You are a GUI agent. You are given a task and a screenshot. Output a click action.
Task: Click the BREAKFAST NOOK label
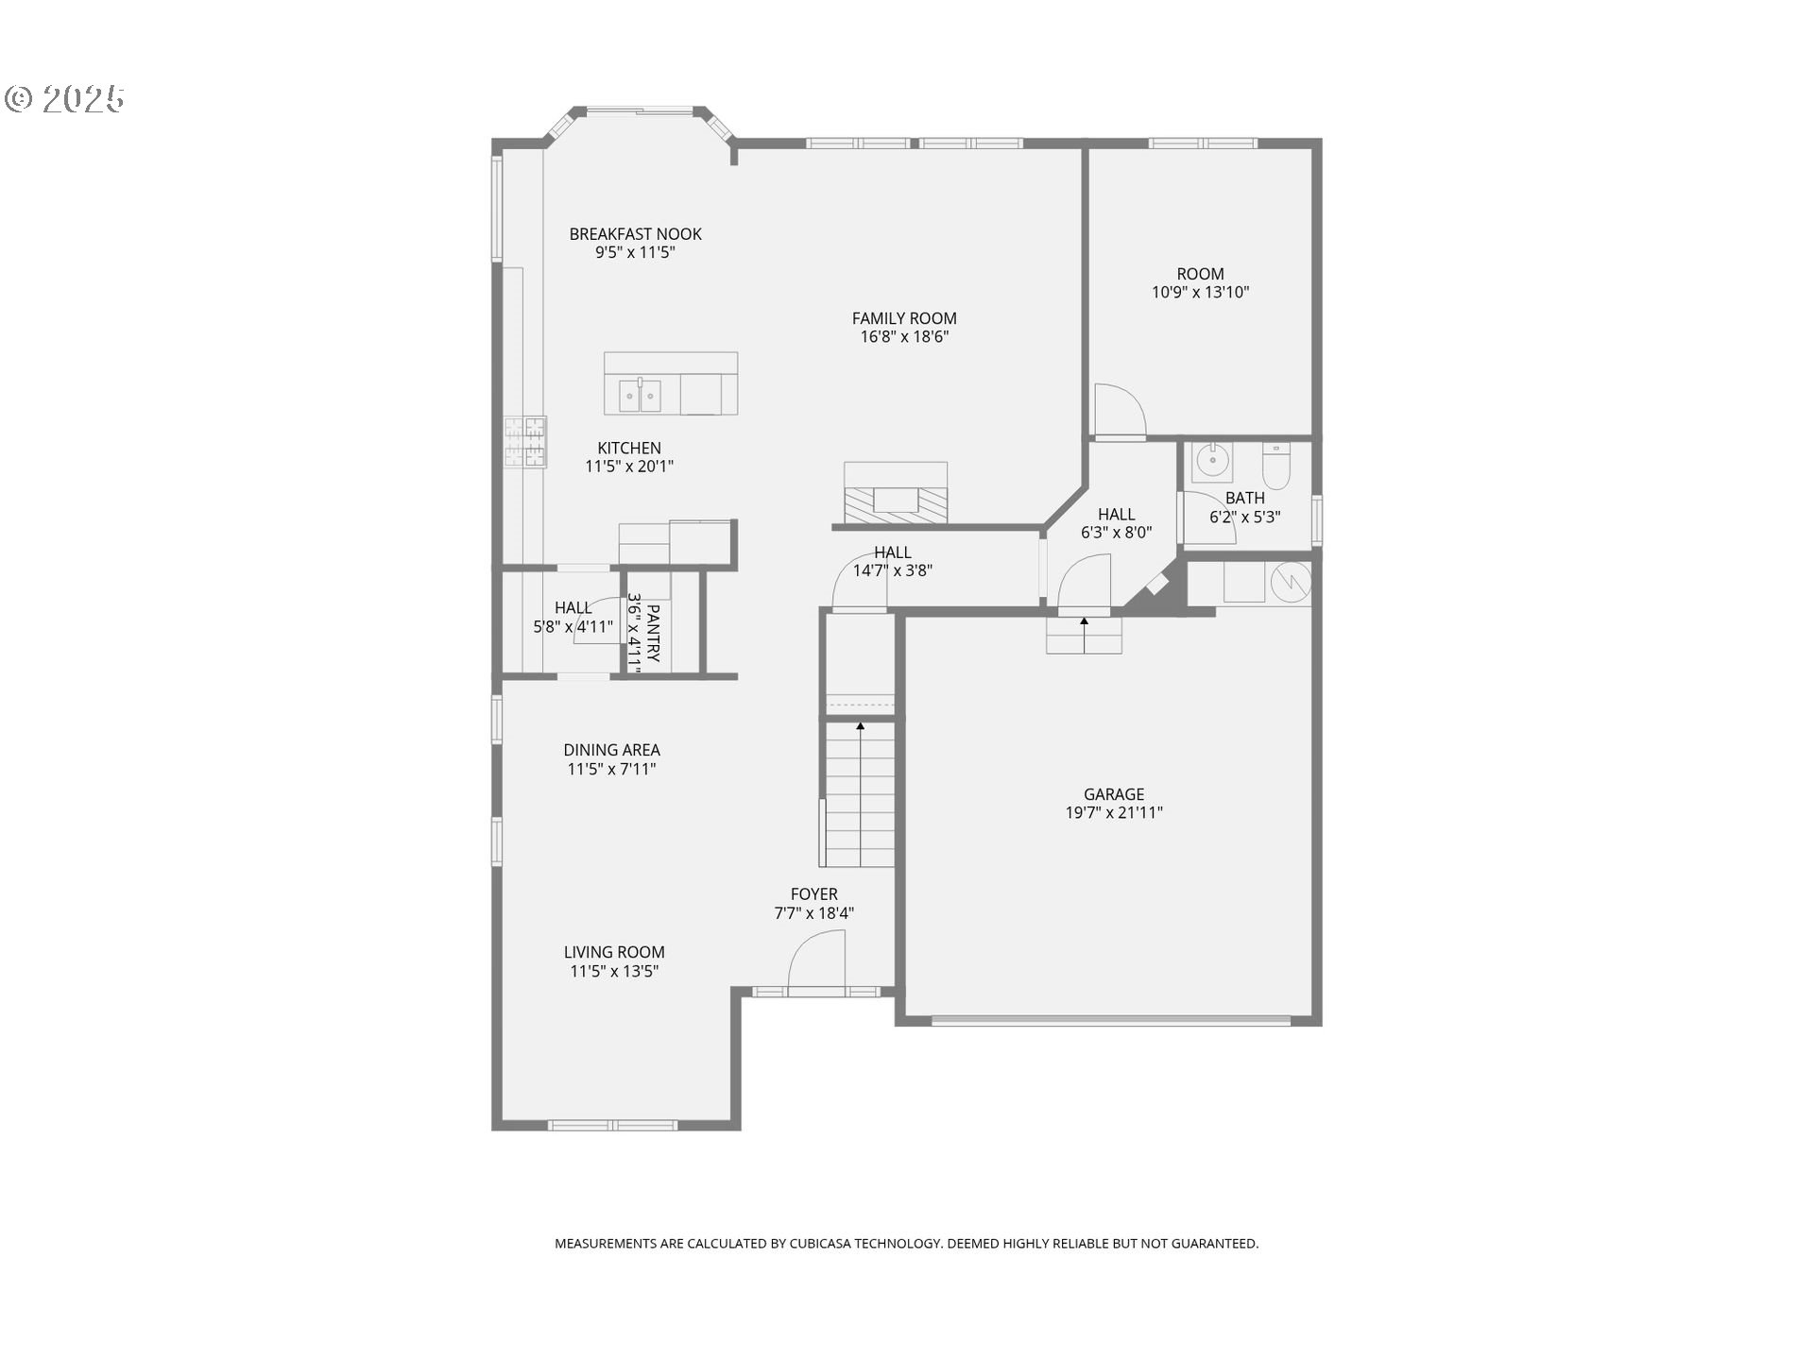(635, 234)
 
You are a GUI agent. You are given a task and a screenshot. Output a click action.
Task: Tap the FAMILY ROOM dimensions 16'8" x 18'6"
(904, 336)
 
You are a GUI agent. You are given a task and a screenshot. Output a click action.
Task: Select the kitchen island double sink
(640, 396)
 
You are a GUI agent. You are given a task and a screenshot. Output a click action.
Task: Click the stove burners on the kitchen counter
(524, 442)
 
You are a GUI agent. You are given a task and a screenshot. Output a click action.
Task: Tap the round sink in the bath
(1210, 461)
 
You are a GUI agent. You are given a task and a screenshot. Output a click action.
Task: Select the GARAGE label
(1114, 794)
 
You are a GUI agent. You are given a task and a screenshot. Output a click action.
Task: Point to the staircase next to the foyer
(859, 793)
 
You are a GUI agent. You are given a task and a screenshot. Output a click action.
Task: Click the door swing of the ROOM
(1119, 411)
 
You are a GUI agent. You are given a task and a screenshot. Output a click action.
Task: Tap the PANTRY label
(653, 634)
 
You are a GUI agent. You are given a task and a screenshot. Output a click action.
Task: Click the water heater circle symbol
(1290, 582)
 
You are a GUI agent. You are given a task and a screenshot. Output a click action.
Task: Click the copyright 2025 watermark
(65, 99)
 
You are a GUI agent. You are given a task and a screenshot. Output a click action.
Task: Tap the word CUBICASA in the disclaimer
(819, 1244)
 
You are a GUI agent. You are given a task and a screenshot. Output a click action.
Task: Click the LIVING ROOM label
(614, 952)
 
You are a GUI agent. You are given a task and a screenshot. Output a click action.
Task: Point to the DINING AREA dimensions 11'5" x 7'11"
(611, 769)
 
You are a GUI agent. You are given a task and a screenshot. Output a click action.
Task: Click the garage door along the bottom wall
(1110, 1020)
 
